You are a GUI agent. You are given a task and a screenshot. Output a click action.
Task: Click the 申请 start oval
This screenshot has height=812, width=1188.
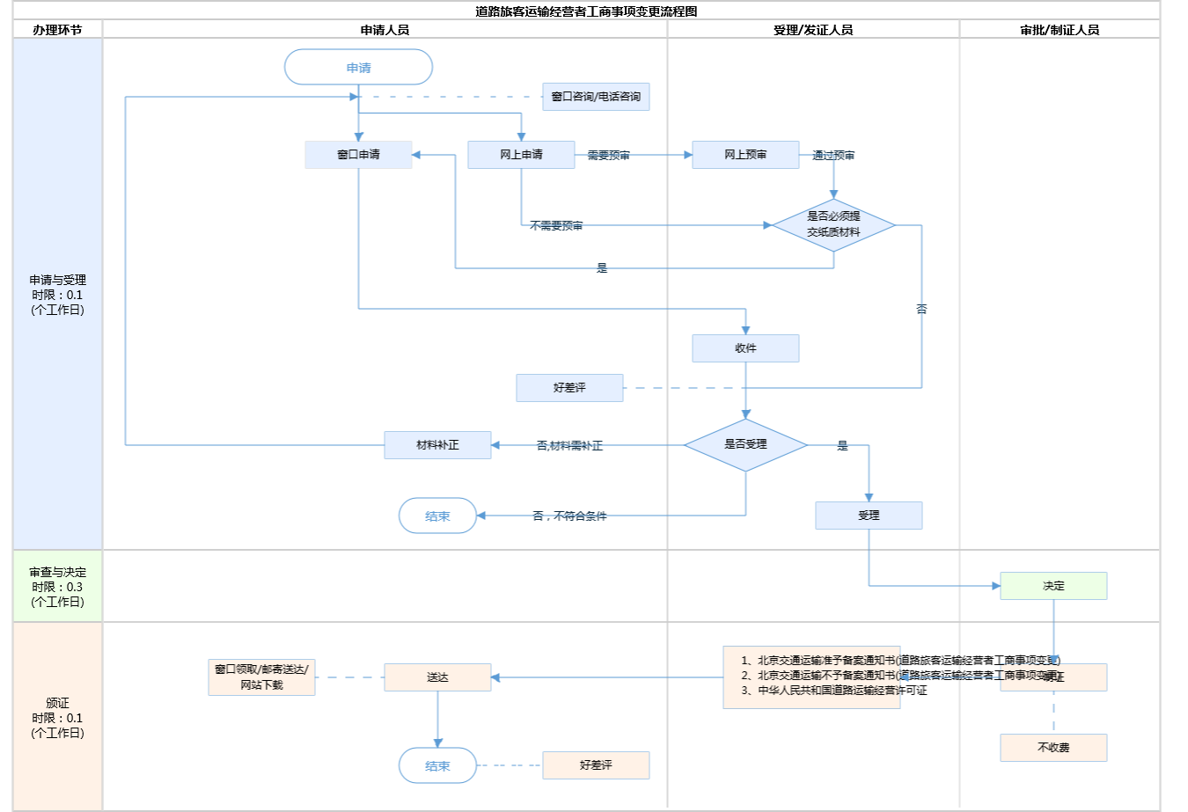point(358,68)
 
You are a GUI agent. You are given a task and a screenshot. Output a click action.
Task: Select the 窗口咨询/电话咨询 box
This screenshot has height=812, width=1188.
point(596,97)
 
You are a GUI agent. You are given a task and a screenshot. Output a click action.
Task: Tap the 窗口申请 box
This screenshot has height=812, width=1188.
point(358,155)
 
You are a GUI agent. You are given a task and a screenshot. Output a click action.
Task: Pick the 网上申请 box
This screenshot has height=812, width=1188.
point(521,155)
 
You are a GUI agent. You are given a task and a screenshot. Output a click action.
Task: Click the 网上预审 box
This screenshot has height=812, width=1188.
point(745,155)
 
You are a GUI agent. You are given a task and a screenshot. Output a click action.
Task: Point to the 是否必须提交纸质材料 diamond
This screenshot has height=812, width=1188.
point(833,224)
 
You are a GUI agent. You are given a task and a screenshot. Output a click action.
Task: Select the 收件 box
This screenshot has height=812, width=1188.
point(745,348)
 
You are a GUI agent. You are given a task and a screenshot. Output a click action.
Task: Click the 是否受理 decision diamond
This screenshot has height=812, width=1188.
point(745,445)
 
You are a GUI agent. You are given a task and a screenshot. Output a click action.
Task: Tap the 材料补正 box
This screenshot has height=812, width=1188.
point(437,445)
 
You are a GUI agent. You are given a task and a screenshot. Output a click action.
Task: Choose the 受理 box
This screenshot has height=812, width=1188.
point(869,516)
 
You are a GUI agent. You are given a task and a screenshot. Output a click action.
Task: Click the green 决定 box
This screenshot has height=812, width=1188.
point(1053,586)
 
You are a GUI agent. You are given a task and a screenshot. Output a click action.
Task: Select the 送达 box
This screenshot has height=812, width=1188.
point(437,677)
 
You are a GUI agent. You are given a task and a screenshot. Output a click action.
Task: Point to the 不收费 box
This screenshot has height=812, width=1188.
point(1053,748)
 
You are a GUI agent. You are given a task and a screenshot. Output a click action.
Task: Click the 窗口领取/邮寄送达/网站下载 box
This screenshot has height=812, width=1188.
point(261,677)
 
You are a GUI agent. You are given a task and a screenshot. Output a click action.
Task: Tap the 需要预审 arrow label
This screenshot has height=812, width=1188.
point(609,156)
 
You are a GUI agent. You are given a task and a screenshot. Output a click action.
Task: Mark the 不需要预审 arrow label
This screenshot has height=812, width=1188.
point(556,226)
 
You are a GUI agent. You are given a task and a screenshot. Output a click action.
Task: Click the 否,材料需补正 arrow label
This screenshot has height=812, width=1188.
point(569,446)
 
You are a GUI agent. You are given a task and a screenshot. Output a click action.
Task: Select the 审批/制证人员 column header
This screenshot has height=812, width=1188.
point(1060,30)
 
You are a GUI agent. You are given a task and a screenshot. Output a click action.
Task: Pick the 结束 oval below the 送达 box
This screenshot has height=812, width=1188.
point(437,765)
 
